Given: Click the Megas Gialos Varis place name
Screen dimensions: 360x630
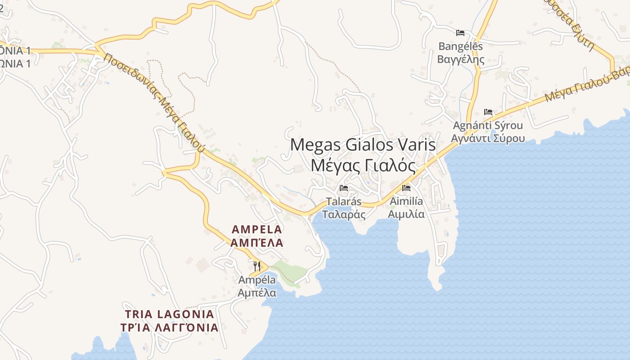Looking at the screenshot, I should click(x=363, y=145).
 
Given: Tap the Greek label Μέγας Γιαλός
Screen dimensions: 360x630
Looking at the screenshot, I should click(x=363, y=166).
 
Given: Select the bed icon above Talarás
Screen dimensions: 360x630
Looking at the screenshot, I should click(x=344, y=188).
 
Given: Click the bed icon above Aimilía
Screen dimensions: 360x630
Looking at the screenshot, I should click(x=406, y=188).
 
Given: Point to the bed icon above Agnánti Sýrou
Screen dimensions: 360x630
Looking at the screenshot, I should click(x=488, y=112).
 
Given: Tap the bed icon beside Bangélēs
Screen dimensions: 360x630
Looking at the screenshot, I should click(x=460, y=32).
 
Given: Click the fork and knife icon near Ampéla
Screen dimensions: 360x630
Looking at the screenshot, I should click(x=257, y=266).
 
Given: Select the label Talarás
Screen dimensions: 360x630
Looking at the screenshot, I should click(x=344, y=202).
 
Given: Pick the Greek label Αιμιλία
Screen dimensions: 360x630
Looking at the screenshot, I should click(x=406, y=214).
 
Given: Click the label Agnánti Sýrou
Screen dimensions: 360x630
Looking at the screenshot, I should click(x=488, y=125).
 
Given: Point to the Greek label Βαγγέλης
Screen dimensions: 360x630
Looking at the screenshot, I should click(x=461, y=59).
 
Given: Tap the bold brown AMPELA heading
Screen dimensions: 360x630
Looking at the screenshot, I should click(x=256, y=229).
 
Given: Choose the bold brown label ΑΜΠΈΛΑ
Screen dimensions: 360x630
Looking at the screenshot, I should click(x=256, y=243).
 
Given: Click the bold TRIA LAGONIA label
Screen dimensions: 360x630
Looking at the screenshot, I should click(x=169, y=314).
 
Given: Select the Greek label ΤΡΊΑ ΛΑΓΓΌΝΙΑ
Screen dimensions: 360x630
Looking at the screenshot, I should click(x=169, y=328).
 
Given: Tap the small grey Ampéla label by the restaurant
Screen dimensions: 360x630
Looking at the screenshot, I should click(x=257, y=280).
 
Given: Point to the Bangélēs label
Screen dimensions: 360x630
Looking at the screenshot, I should click(x=460, y=46).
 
